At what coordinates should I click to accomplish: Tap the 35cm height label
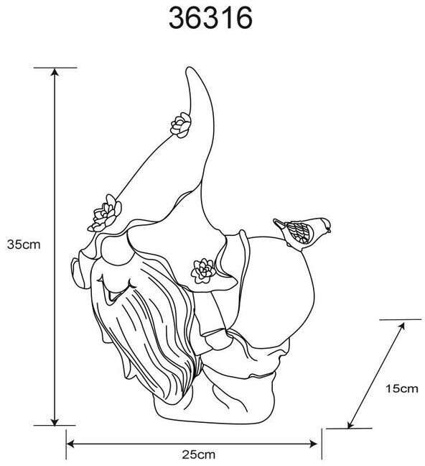24,245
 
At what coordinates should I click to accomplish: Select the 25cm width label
199,454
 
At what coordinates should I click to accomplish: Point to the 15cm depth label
401,388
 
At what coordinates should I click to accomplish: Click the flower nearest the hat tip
181,125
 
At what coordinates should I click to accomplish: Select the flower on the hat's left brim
105,214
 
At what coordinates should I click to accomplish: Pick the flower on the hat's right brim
203,270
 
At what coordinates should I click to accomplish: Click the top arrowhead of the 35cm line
55,72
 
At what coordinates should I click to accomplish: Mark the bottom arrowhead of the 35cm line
55,421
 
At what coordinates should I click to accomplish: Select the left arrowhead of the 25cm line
70,444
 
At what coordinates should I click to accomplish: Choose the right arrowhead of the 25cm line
314,444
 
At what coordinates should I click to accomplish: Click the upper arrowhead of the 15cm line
401,326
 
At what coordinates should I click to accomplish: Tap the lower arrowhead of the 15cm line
350,424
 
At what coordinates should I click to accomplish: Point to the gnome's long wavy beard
149,333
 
